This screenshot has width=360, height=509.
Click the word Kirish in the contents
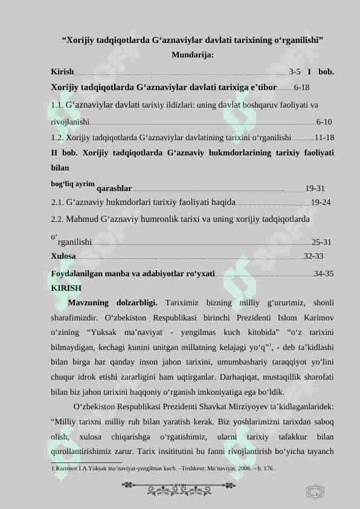pos(63,71)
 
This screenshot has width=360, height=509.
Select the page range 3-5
pos(295,71)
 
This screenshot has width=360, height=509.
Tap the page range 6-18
pos(302,87)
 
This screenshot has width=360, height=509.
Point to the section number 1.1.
pos(58,104)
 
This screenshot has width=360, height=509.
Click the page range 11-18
pos(325,137)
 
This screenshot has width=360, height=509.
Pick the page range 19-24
pos(320,202)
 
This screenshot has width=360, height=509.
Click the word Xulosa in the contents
pos(63,256)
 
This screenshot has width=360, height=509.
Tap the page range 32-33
pos(313,256)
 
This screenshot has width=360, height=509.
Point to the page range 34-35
pos(324,273)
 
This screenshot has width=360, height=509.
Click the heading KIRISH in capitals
pos(66,288)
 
